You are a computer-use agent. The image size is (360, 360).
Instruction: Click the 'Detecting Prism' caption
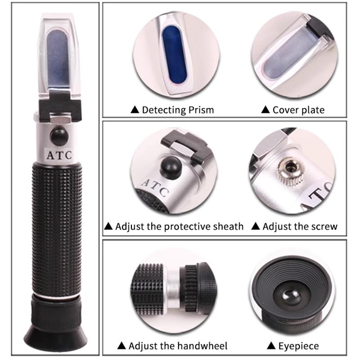pyautogui.click(x=177, y=109)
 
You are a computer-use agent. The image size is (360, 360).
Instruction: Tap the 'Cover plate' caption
pyautogui.click(x=298, y=109)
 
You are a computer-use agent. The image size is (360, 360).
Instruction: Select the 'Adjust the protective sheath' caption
pyautogui.click(x=179, y=226)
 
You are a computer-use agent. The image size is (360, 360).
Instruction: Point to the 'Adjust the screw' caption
pyautogui.click(x=300, y=226)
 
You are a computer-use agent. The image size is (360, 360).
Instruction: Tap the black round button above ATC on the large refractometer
pyautogui.click(x=58, y=135)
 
